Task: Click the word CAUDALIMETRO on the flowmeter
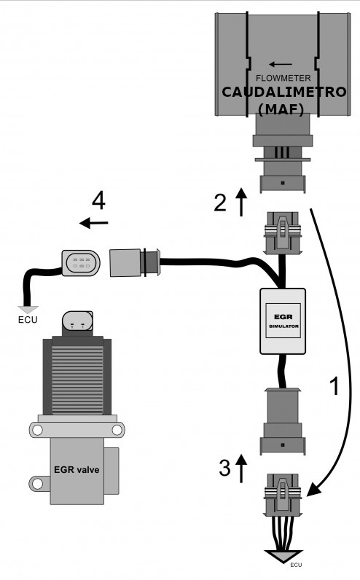click(283, 92)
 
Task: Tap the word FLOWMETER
click(283, 78)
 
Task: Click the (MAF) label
click(281, 109)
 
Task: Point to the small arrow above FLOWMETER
click(281, 64)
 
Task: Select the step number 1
click(334, 386)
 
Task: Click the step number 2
click(220, 203)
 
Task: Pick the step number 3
click(224, 468)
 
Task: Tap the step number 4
click(99, 201)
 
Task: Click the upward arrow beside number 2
click(241, 202)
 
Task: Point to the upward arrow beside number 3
click(241, 469)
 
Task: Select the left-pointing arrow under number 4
click(93, 223)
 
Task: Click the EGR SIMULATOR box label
click(283, 321)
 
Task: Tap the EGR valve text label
click(77, 470)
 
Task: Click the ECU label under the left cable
click(28, 319)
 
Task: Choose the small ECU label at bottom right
click(296, 565)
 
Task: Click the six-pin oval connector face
click(81, 262)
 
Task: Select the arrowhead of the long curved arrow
click(314, 488)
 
